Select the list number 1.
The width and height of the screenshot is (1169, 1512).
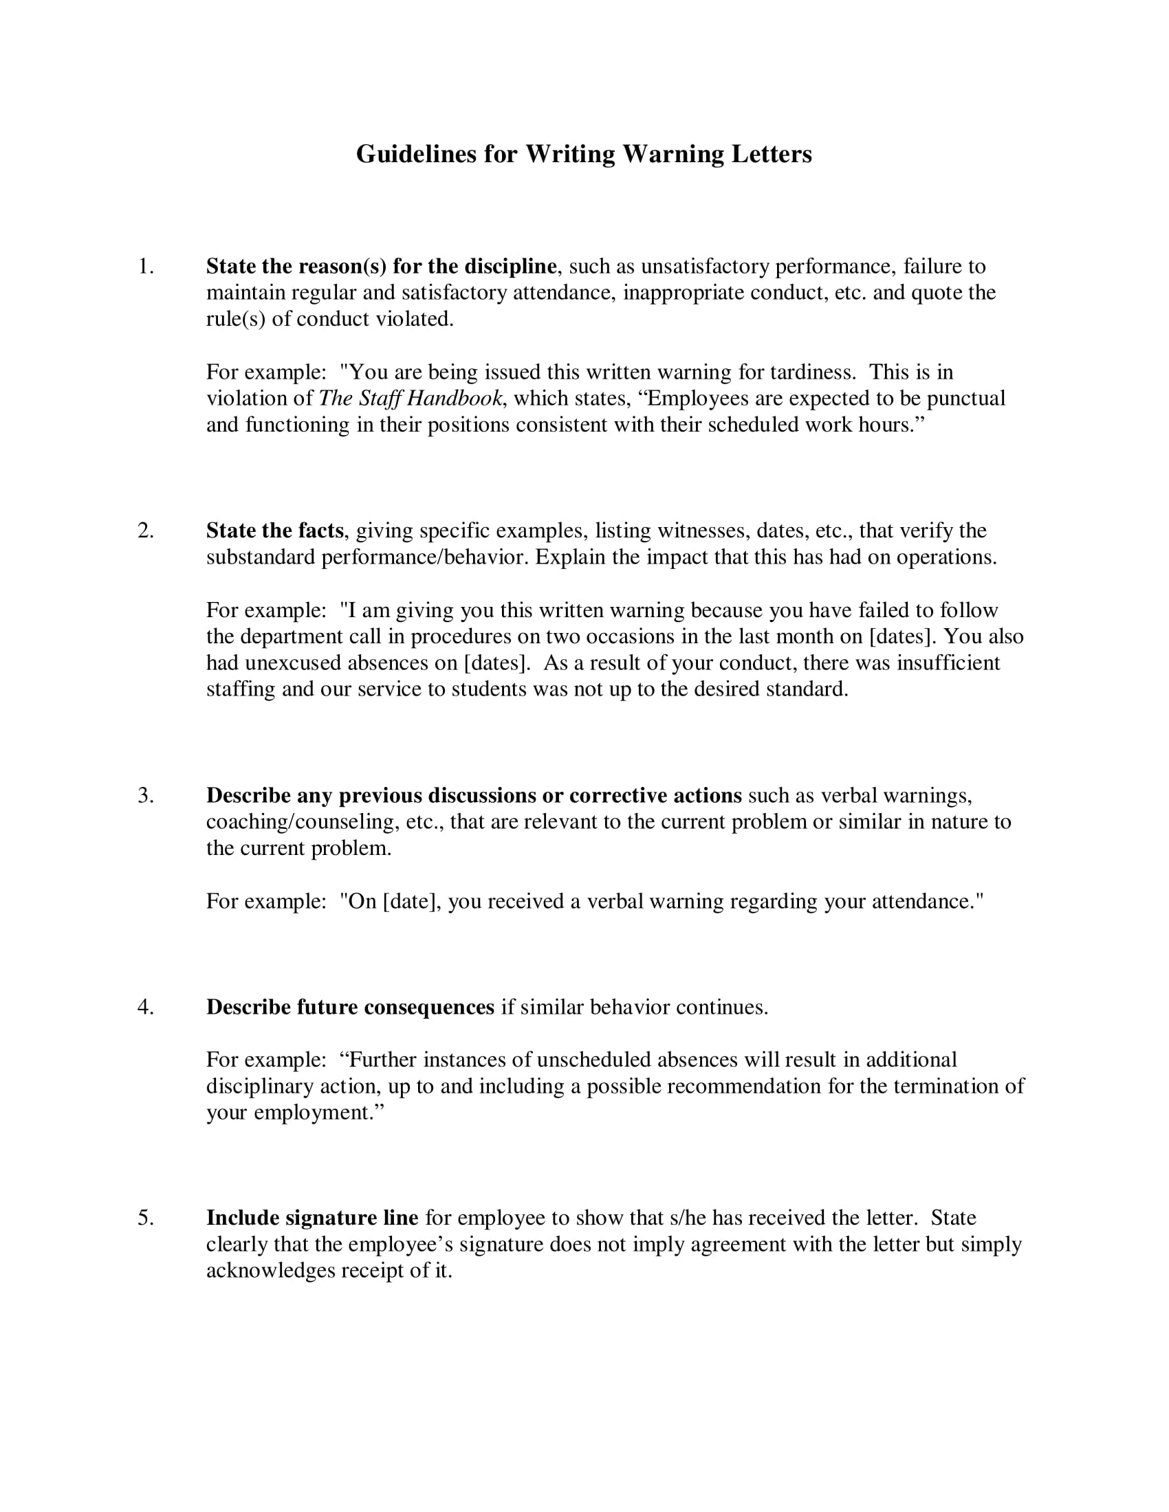pos(144,267)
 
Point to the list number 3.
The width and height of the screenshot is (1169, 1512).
pos(144,795)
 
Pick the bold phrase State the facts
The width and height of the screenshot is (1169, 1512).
pos(275,531)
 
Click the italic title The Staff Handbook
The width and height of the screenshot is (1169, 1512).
pos(411,399)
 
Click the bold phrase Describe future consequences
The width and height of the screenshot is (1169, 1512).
pos(351,1008)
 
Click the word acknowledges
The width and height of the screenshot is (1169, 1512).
pos(270,1271)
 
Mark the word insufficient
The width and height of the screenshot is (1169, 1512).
pos(948,663)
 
